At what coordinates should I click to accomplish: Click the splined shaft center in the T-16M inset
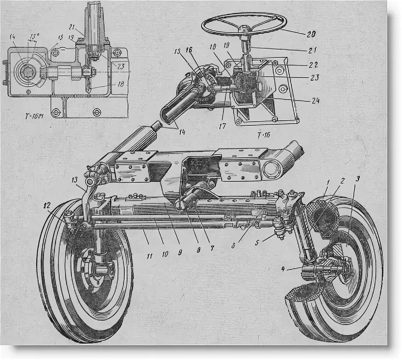click(x=23, y=73)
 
